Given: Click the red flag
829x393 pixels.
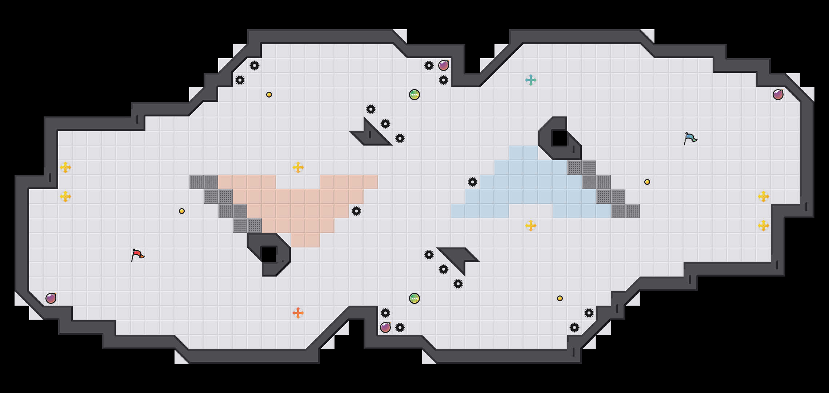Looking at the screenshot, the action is point(137,255).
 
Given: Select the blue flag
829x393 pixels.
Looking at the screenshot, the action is point(690,138).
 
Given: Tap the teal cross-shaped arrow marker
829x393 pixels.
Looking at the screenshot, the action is point(531,80).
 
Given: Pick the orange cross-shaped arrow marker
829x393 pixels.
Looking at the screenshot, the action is point(298,313).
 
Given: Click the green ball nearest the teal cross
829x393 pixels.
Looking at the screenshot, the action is point(414,95).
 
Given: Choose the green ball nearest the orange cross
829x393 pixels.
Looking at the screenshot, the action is point(414,298).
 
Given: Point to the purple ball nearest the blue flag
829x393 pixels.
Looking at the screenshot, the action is point(778,95).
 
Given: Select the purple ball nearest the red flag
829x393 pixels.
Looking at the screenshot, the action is point(51,298).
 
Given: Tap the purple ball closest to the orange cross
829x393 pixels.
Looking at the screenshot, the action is point(385,327).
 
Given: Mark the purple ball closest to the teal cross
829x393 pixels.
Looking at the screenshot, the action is point(444,65).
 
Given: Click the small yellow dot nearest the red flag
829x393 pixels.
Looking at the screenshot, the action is point(182,211).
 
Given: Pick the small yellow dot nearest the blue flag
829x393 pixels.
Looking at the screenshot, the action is point(647,182).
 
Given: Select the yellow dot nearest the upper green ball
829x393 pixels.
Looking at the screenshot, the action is point(269,95).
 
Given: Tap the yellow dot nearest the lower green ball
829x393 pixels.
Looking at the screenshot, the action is point(560,298).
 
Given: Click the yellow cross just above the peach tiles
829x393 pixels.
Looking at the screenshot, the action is point(298,167).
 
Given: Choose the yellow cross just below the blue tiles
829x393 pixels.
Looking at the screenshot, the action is point(531,226).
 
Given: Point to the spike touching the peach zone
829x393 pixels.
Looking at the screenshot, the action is point(356,211).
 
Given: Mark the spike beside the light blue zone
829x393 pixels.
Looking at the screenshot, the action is point(473,182).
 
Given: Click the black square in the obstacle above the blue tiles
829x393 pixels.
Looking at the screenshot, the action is point(560,138).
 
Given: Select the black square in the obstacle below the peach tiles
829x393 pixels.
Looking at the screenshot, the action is point(269,254).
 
